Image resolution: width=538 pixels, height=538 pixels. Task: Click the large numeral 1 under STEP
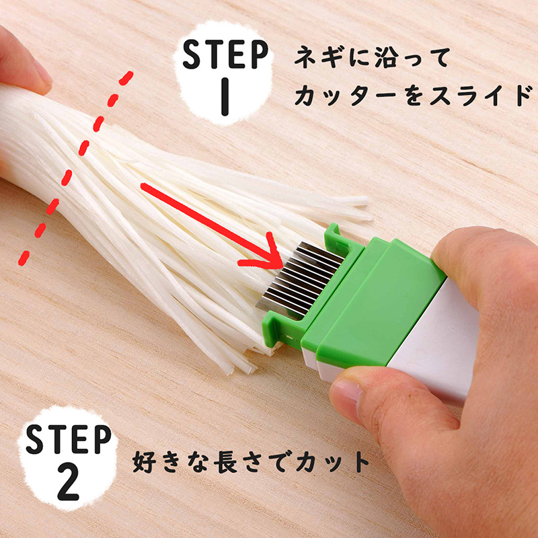[225, 97]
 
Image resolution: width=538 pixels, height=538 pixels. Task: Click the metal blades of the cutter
[299, 278]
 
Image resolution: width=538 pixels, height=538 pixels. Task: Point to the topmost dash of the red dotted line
[126, 78]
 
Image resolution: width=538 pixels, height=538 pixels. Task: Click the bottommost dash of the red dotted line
[24, 258]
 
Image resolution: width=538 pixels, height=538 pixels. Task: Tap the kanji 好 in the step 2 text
[145, 462]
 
